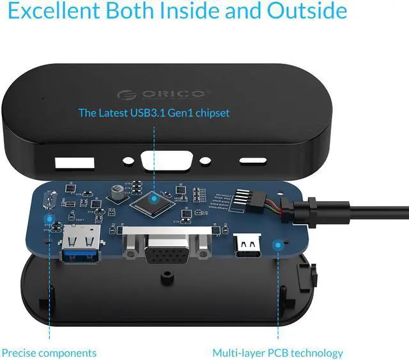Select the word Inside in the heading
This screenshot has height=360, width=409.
pos(206,11)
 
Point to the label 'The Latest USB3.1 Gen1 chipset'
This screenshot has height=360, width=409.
pos(153,113)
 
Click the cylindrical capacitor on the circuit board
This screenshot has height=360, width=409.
pos(117,191)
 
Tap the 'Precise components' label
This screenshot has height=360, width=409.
pos(49,352)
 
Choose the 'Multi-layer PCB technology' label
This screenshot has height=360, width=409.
pos(277,352)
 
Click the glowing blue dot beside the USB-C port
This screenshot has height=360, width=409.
pos(277,245)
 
